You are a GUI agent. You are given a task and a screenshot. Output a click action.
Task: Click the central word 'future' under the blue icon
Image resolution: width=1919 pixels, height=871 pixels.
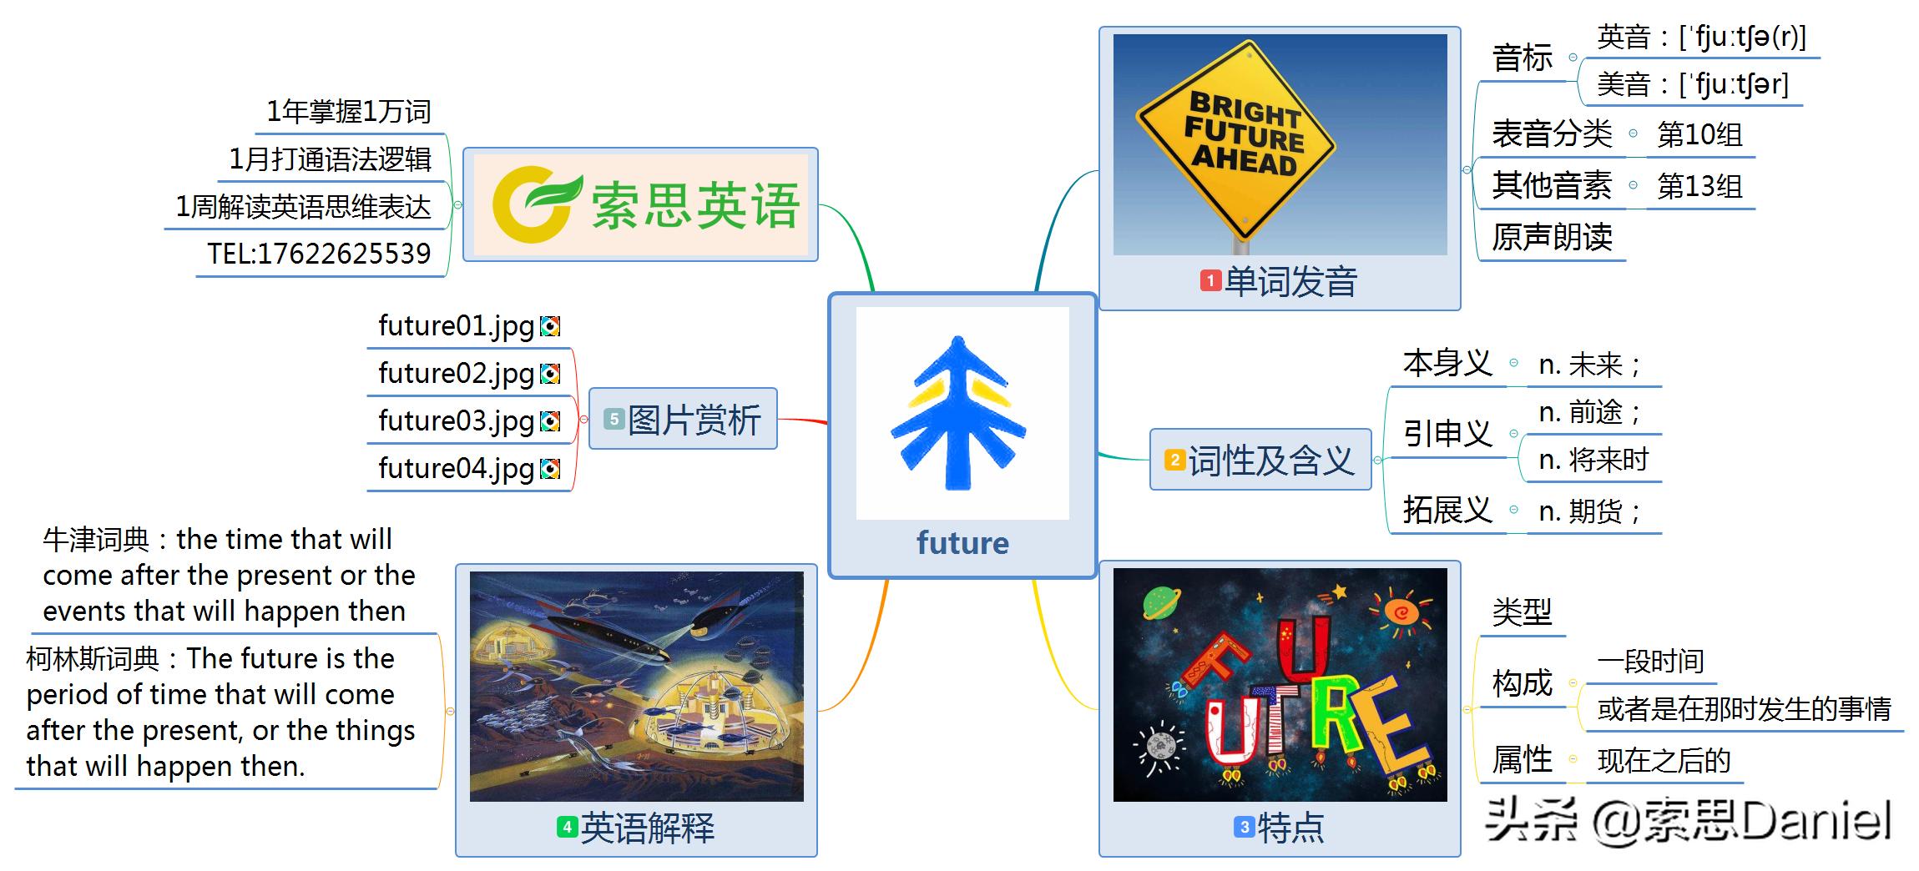[x=962, y=543]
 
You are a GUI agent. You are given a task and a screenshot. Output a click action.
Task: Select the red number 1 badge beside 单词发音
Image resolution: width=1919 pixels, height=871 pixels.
[x=1210, y=280]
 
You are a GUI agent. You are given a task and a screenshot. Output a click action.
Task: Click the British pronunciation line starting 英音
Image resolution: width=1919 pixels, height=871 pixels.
[x=1700, y=38]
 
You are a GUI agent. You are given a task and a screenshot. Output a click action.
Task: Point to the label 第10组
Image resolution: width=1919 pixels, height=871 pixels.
[x=1699, y=134]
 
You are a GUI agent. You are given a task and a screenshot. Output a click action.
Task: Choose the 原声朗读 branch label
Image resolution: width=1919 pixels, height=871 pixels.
[x=1552, y=238]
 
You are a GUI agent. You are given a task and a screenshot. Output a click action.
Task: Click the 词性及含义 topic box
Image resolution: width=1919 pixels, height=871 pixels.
[x=1260, y=460]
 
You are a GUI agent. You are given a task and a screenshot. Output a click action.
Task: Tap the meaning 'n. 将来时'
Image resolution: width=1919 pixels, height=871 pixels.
[x=1593, y=460]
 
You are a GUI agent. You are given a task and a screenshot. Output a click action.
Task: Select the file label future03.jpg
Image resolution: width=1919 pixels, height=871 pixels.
[x=456, y=420]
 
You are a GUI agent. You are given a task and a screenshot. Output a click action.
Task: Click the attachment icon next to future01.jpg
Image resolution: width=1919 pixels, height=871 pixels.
[x=550, y=326]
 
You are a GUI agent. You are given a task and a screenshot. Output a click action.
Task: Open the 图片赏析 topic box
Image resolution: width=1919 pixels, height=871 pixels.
[x=684, y=419]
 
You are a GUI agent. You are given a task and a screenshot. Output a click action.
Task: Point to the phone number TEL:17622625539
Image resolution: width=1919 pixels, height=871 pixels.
[x=319, y=254]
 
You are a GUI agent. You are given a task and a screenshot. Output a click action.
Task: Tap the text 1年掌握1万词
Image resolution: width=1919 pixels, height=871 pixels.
[x=348, y=112]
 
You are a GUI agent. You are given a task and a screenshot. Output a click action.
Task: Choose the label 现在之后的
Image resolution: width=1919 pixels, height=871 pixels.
[x=1663, y=761]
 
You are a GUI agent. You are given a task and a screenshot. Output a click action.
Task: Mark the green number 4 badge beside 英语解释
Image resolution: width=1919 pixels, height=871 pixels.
[x=567, y=827]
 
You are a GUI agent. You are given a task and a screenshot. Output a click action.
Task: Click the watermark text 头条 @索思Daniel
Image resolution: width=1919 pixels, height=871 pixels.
[x=1688, y=821]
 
